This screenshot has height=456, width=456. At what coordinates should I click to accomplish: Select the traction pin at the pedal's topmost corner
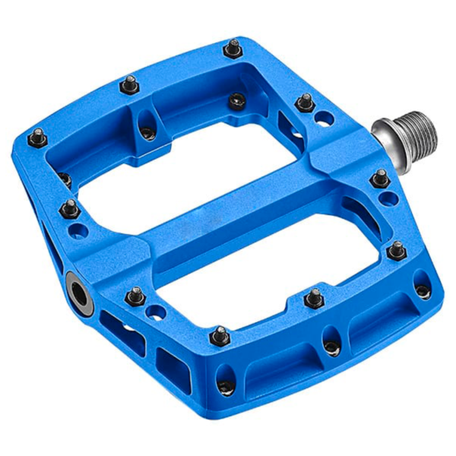tap(233, 49)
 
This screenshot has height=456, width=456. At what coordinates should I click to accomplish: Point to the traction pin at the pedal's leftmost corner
tap(36, 138)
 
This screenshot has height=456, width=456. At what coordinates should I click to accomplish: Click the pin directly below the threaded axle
tap(380, 179)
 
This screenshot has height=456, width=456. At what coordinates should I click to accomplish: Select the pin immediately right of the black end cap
tap(135, 296)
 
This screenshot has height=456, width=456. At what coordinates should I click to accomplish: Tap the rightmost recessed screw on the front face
tap(422, 290)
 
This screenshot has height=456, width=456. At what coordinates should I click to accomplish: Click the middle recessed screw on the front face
tap(331, 346)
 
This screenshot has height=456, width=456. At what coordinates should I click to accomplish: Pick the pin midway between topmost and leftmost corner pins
tap(130, 84)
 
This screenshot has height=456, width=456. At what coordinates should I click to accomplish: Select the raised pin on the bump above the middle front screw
tap(314, 297)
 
